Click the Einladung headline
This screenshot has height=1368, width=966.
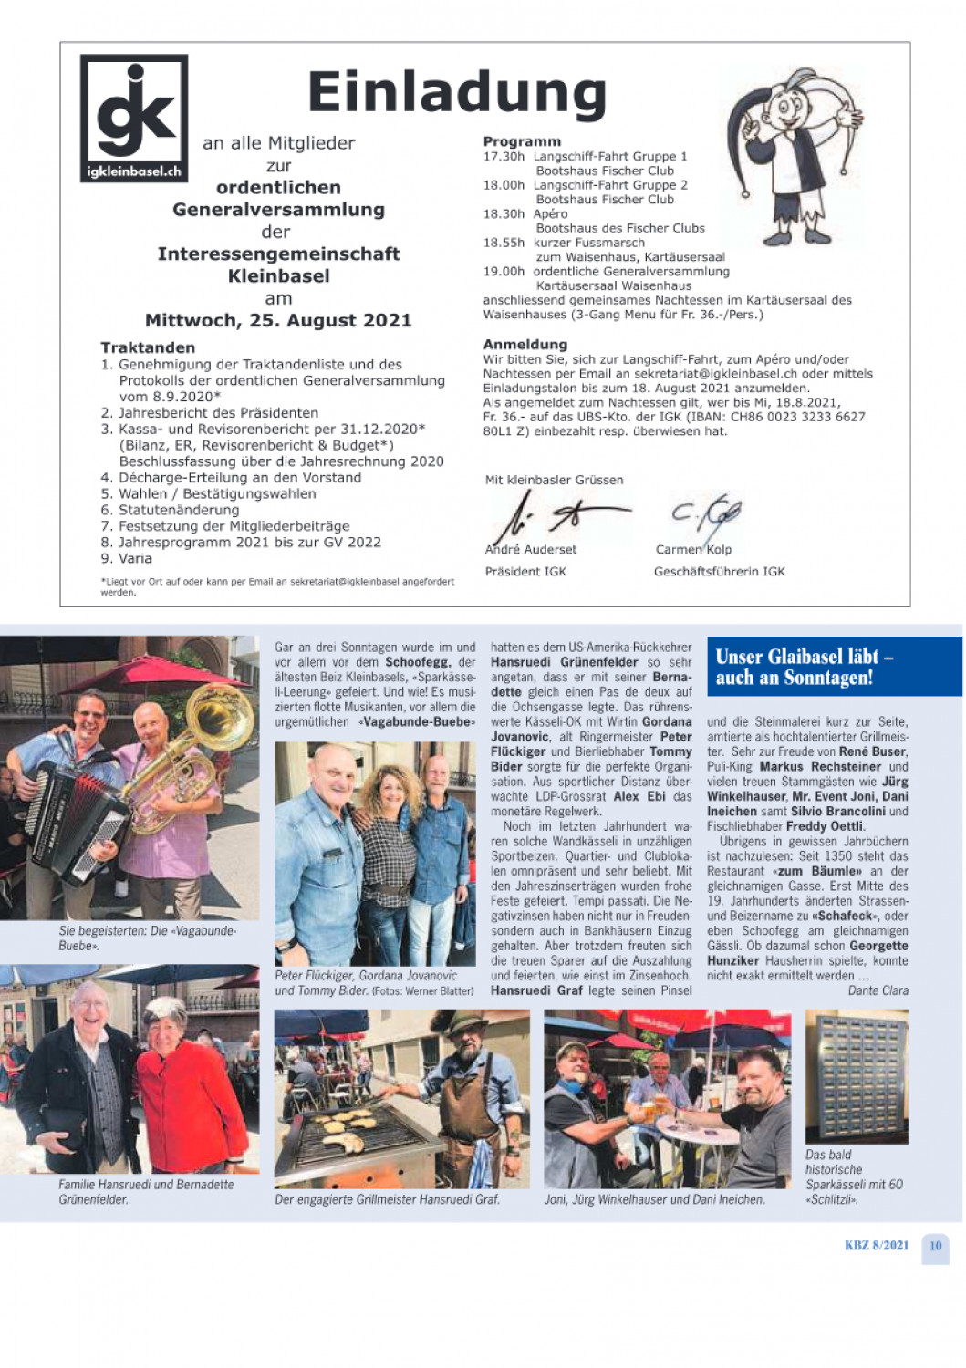pyautogui.click(x=457, y=92)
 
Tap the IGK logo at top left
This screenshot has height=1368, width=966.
pyautogui.click(x=134, y=117)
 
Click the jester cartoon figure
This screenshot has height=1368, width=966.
pyautogui.click(x=792, y=157)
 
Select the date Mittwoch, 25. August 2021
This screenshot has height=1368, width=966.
pyautogui.click(x=278, y=321)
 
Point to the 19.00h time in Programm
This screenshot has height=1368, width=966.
pyautogui.click(x=504, y=271)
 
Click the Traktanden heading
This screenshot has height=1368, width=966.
pyautogui.click(x=148, y=347)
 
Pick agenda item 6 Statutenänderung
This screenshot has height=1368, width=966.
pyautogui.click(x=170, y=510)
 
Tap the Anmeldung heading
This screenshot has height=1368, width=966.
pyautogui.click(x=525, y=345)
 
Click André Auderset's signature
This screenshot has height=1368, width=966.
pyautogui.click(x=556, y=518)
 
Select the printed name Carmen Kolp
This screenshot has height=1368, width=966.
pyautogui.click(x=693, y=549)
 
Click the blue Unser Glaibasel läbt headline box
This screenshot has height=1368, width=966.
pyautogui.click(x=834, y=667)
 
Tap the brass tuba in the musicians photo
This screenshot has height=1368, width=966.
pyautogui.click(x=203, y=743)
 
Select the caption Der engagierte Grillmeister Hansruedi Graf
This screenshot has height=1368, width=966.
pyautogui.click(x=387, y=1199)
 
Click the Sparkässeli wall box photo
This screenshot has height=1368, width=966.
pyautogui.click(x=856, y=1077)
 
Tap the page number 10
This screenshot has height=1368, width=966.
pyautogui.click(x=935, y=1246)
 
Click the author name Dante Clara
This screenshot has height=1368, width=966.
pyautogui.click(x=878, y=990)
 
